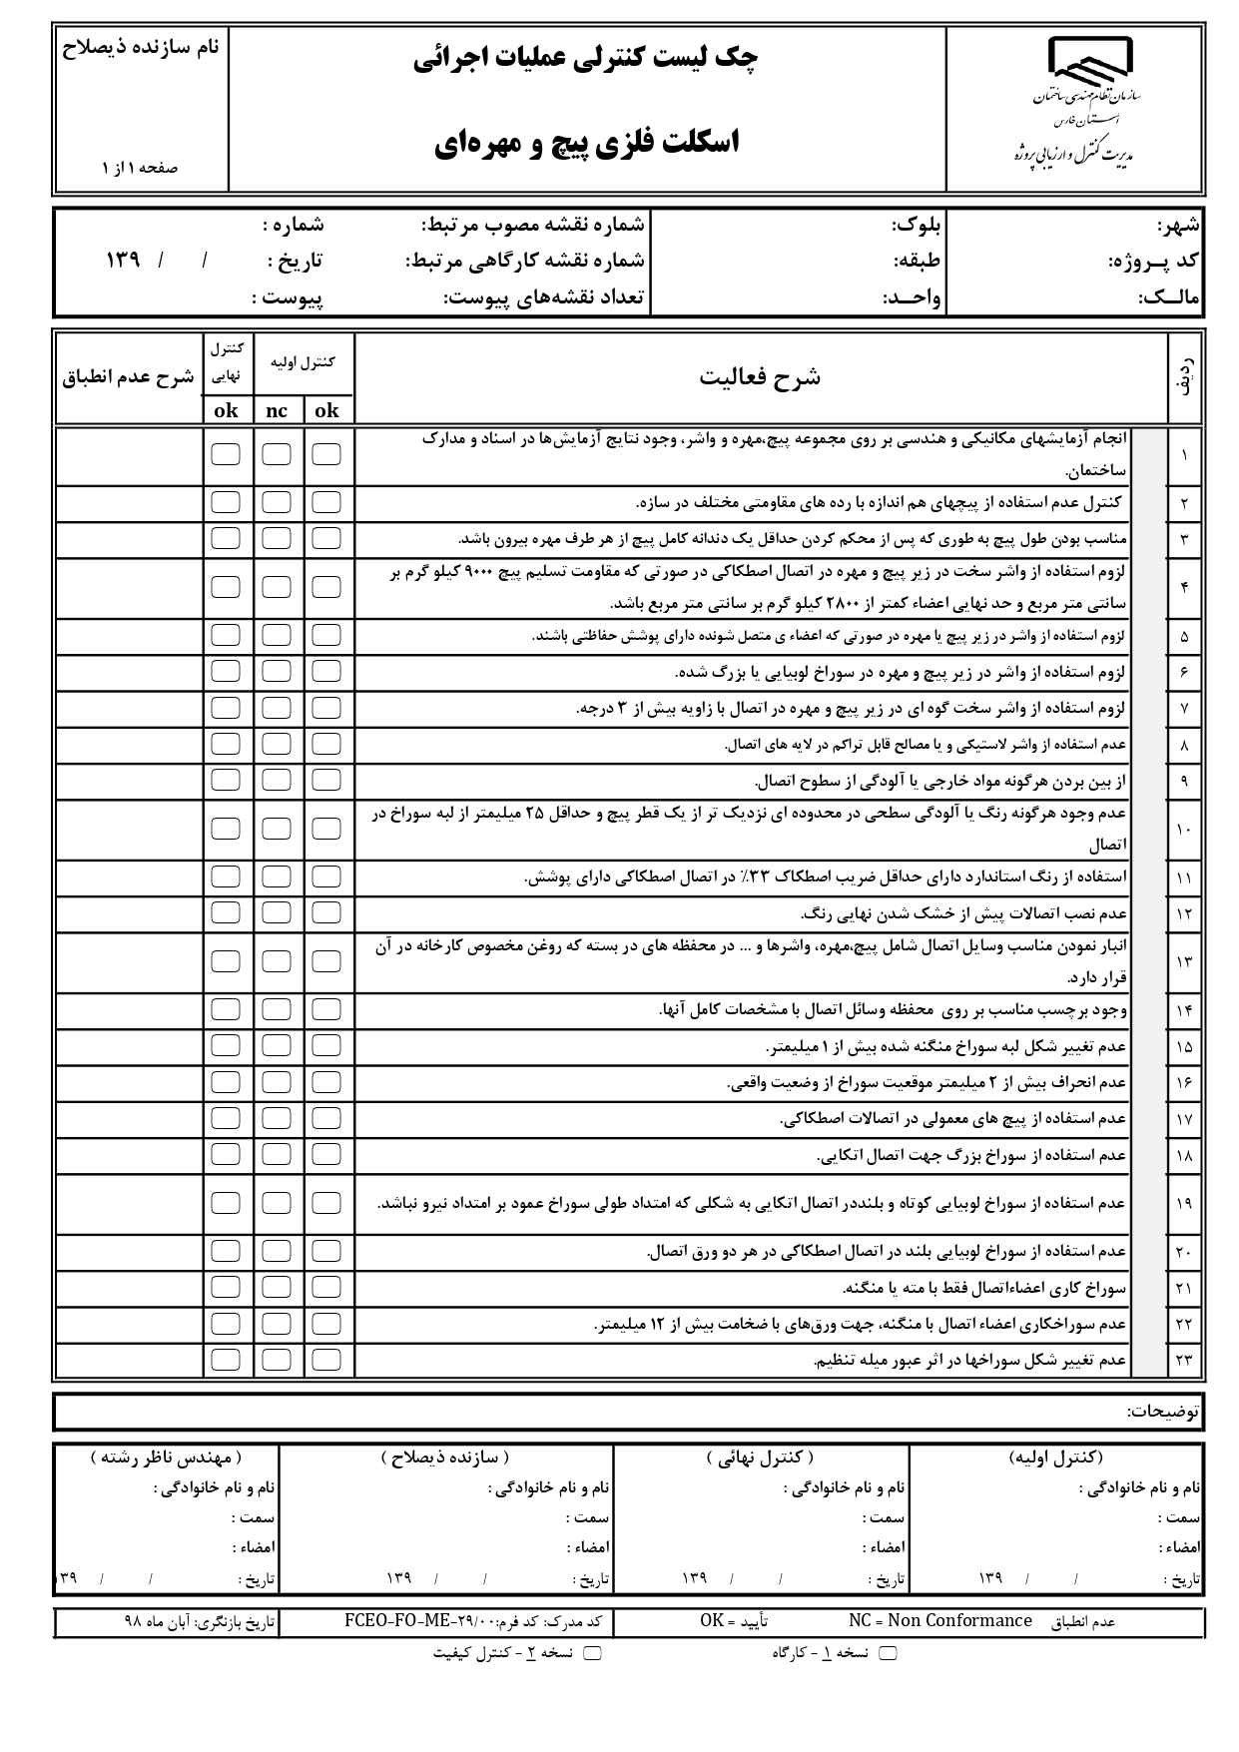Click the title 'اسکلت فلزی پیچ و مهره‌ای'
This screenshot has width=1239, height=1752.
587,143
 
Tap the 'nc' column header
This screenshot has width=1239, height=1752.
277,410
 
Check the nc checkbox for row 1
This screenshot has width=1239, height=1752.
277,454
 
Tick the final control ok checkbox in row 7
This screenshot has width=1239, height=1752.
226,708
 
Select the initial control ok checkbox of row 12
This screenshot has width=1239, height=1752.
326,912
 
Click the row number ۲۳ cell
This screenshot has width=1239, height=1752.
1184,1360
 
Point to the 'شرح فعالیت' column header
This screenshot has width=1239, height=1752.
760,377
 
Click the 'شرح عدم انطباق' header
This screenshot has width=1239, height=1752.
129,378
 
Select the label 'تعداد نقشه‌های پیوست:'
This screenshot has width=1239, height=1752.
544,297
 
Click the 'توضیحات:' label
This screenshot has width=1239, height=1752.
1163,1412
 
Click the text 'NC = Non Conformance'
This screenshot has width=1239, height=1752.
939,1620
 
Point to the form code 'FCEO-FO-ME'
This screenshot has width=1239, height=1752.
399,1620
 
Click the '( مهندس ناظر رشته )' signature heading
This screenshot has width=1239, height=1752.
166,1459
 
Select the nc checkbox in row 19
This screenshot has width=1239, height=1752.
277,1203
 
